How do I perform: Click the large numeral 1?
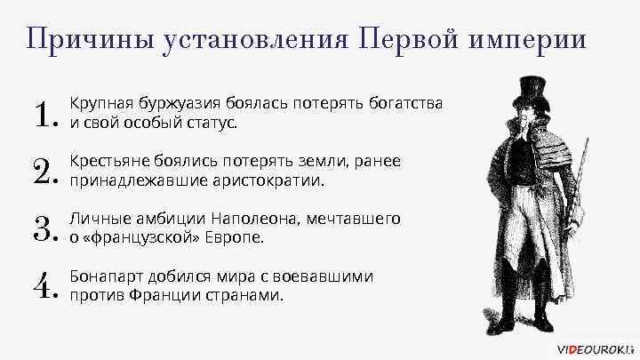pyautogui.click(x=42, y=116)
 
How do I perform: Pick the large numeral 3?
pyautogui.click(x=42, y=229)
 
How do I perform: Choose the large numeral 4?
pyautogui.click(x=42, y=287)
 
